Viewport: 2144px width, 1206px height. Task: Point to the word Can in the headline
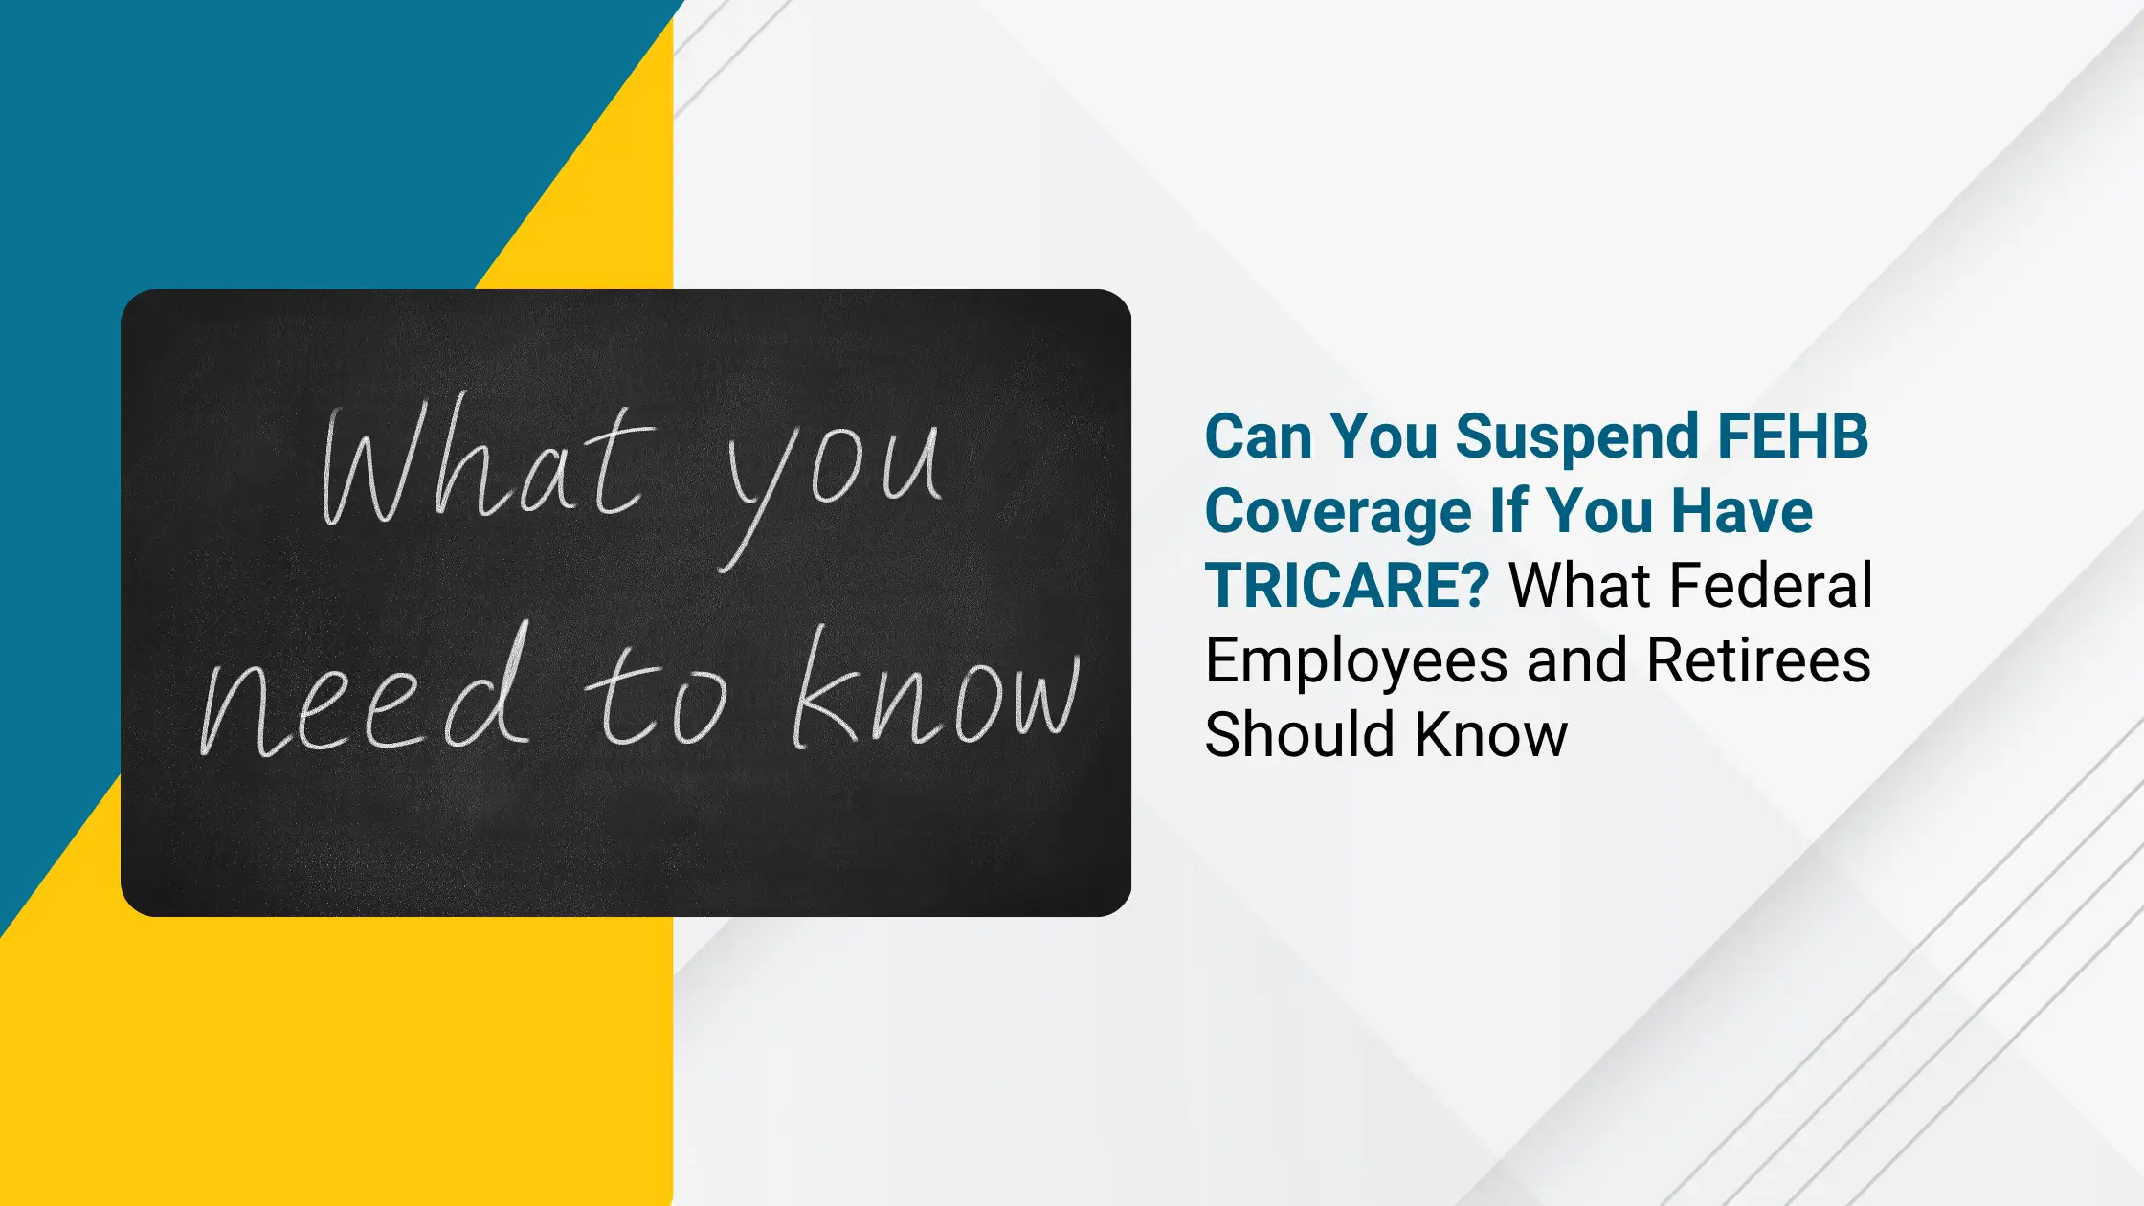click(x=1259, y=436)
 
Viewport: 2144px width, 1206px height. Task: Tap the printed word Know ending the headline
click(x=1491, y=734)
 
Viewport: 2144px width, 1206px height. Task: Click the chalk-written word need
click(x=364, y=695)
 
